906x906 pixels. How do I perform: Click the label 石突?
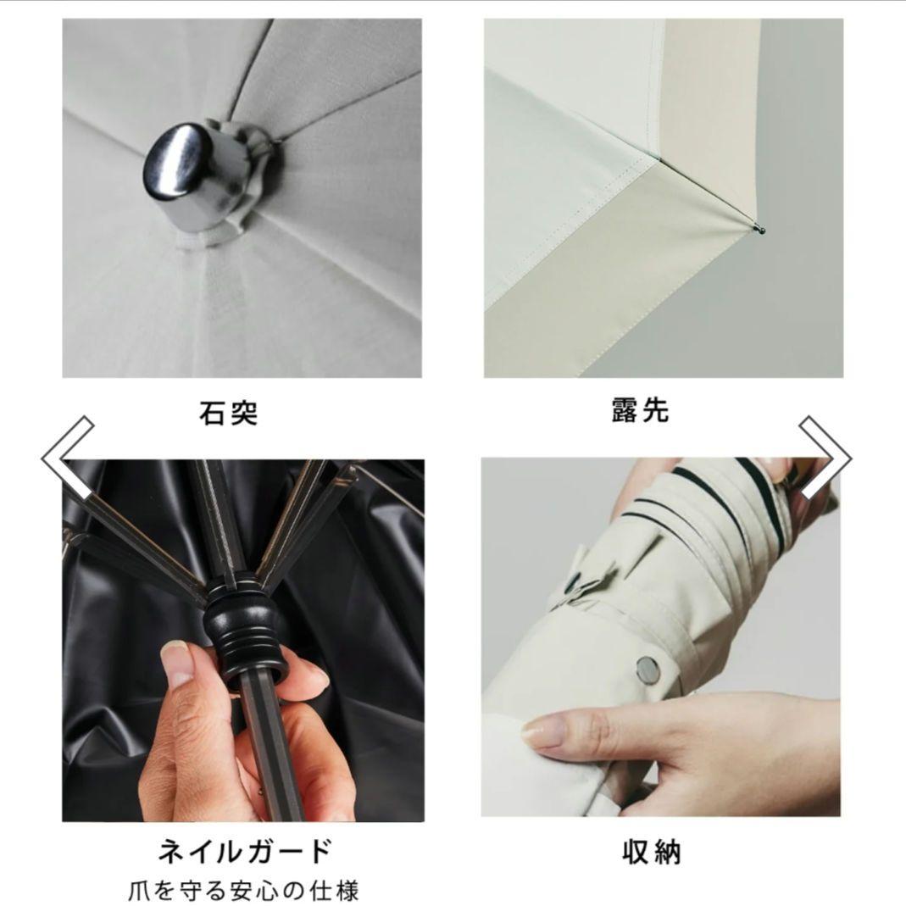pyautogui.click(x=228, y=413)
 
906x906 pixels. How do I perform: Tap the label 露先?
pyautogui.click(x=641, y=410)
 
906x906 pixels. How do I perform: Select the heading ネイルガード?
pyautogui.click(x=244, y=850)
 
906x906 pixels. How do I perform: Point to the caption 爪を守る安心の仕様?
pyautogui.click(x=244, y=889)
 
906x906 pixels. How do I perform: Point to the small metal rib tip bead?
pyautogui.click(x=760, y=226)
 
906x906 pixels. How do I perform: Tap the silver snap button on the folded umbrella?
pyautogui.click(x=648, y=669)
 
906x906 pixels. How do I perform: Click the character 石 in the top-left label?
pyautogui.click(x=212, y=413)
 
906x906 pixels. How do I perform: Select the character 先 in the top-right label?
pyautogui.click(x=656, y=410)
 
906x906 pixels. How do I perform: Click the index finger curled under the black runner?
pyautogui.click(x=297, y=678)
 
